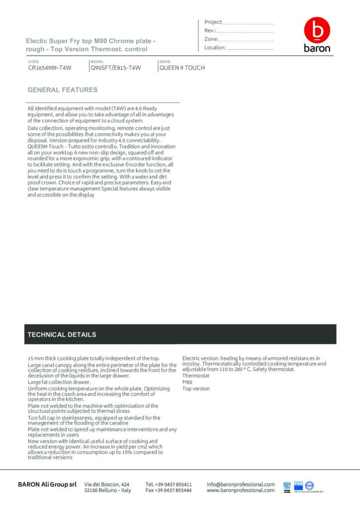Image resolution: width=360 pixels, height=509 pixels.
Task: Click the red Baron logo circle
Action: point(317,30)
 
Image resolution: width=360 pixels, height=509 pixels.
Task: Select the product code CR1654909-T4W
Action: point(50,68)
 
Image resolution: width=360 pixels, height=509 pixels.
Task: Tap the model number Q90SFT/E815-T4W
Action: point(116,68)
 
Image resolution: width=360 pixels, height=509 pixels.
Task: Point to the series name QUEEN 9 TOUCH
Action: point(182,68)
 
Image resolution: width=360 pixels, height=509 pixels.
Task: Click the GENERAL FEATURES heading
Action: point(63,90)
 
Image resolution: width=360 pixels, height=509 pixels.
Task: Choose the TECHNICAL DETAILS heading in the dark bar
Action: point(62,335)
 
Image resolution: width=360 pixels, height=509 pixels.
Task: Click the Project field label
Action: point(213,22)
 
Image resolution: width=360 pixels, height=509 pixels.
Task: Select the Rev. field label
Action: point(209,31)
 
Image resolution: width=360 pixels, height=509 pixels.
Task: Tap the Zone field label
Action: point(211,39)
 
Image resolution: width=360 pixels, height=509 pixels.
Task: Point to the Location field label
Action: point(215,48)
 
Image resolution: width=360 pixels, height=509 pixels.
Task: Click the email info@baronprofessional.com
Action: point(241,484)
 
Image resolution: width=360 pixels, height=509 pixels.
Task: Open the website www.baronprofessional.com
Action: point(241,490)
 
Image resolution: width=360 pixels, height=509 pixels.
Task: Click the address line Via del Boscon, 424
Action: point(107,484)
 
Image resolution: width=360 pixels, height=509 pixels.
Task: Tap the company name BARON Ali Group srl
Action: point(47,484)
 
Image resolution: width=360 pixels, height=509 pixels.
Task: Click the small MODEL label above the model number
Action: point(97,62)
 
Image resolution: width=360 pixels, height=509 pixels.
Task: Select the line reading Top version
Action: point(196,389)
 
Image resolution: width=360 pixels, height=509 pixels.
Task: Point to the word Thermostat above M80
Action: point(196,376)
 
